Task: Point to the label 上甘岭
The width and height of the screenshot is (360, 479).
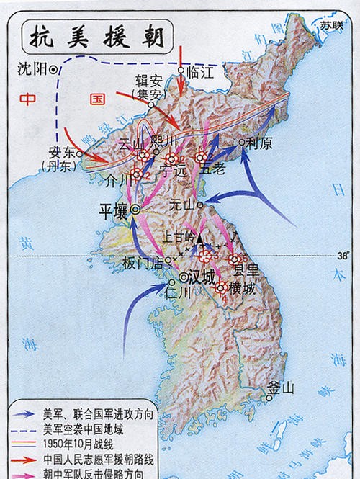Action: pos(179,235)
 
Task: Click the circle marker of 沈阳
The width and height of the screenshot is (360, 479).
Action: pos(53,69)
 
